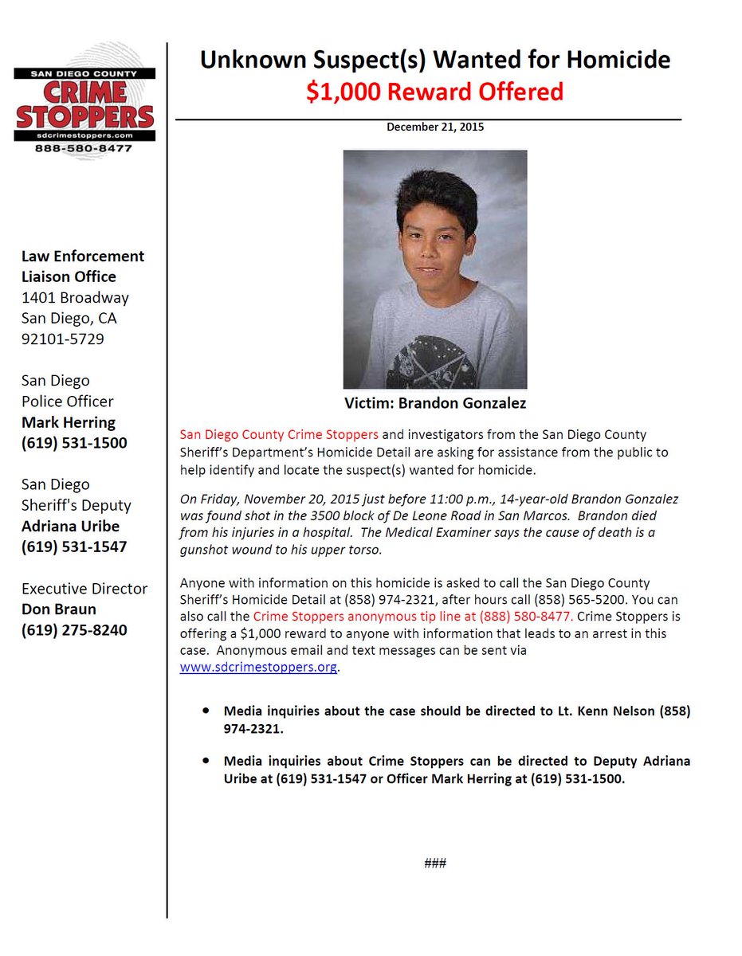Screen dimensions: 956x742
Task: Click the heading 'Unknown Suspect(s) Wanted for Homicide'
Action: (x=434, y=60)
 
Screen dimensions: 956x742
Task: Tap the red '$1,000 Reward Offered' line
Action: (x=434, y=92)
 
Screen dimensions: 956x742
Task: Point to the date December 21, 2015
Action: (x=435, y=127)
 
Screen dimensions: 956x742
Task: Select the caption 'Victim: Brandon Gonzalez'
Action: (x=435, y=403)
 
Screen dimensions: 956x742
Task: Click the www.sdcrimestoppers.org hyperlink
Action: (x=259, y=667)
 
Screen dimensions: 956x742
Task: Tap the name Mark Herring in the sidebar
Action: (x=69, y=422)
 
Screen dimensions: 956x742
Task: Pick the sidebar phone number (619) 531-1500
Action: (x=74, y=443)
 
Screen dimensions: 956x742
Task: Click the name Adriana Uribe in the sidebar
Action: (x=70, y=526)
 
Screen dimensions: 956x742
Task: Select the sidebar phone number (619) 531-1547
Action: (x=74, y=547)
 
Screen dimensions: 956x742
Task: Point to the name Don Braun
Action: (x=58, y=609)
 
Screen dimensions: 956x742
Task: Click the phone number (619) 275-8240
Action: (x=74, y=630)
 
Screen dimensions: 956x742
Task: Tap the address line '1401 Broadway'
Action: (x=75, y=298)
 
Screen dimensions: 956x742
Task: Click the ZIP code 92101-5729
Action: (x=62, y=339)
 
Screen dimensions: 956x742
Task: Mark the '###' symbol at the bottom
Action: (x=435, y=864)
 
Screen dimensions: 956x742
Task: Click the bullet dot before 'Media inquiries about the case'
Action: (x=207, y=709)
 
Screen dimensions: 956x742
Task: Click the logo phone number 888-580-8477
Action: (x=84, y=149)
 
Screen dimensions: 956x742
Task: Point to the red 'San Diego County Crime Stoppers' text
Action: (x=279, y=435)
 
